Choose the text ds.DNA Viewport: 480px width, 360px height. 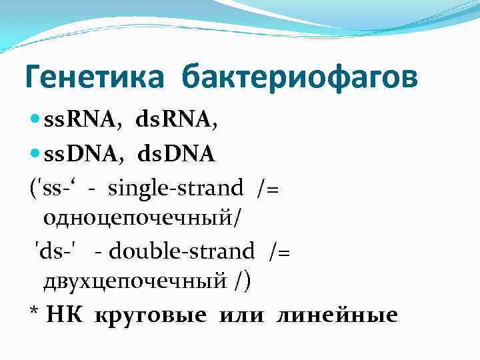176,155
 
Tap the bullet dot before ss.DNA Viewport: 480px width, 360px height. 35,155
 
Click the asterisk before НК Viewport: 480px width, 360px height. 35,313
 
